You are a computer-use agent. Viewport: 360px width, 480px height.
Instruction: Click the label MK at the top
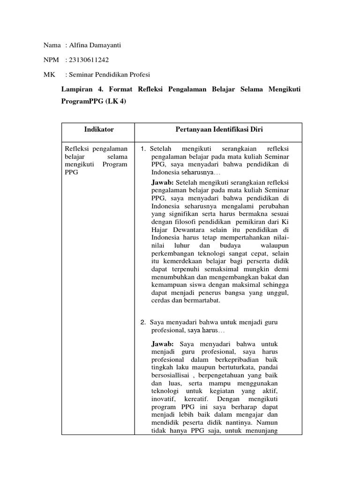pos(48,75)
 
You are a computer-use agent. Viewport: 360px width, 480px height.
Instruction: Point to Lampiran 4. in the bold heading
pos(80,89)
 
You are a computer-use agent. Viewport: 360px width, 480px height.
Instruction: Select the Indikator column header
pos(98,129)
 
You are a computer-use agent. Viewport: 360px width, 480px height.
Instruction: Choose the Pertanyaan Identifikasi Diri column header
pos(218,129)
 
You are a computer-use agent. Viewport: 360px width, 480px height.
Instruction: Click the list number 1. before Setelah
pos(144,149)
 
